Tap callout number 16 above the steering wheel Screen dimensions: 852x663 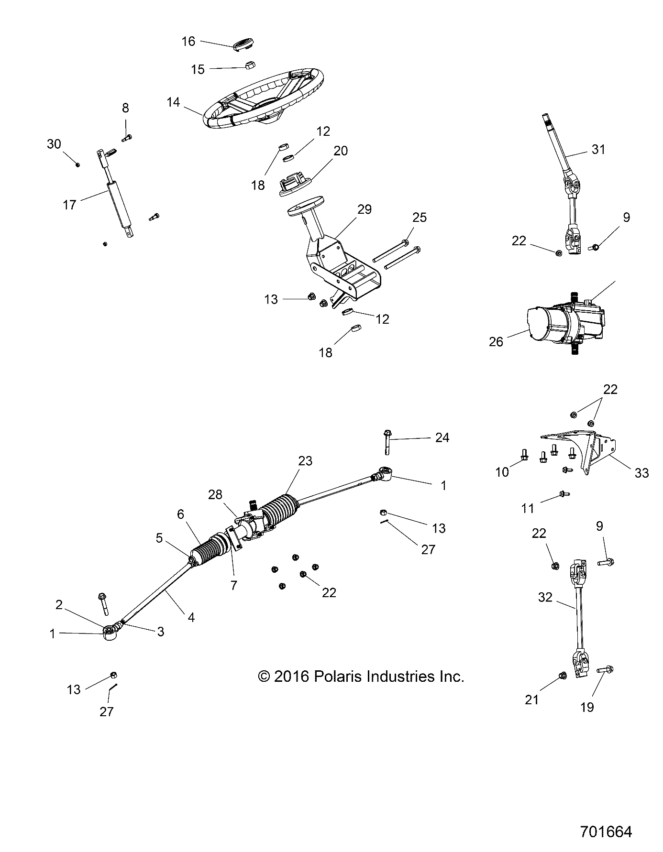point(188,42)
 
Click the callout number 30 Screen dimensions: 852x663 point(54,143)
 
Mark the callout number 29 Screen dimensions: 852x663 point(365,209)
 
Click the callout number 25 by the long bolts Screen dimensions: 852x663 point(419,218)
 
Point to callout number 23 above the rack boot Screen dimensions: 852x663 point(305,461)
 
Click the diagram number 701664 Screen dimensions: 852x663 point(606,831)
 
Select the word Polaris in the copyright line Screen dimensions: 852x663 point(334,677)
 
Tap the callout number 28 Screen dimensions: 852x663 point(215,494)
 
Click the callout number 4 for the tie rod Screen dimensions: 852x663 point(191,617)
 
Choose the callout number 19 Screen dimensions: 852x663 point(587,707)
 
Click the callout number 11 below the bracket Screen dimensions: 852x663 point(527,508)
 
